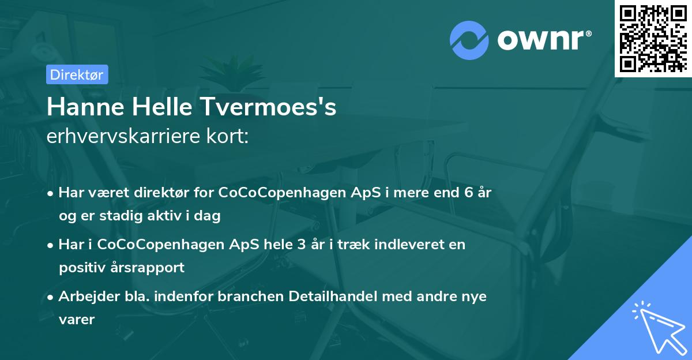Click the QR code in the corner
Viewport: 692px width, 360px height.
(x=653, y=38)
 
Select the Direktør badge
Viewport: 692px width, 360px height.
(x=77, y=74)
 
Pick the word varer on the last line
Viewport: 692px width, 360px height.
(x=76, y=320)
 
